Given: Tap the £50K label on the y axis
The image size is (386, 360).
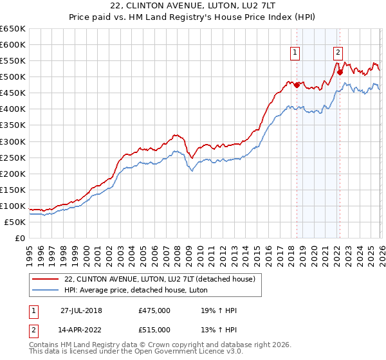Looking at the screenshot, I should pyautogui.click(x=15, y=222).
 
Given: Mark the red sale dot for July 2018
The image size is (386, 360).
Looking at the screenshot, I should pyautogui.click(x=297, y=85).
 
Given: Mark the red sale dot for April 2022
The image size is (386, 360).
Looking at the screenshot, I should pyautogui.click(x=340, y=72).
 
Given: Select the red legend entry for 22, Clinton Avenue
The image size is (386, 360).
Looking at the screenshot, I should pyautogui.click(x=160, y=279).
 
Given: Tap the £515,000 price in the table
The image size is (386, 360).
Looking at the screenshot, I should pyautogui.click(x=154, y=330).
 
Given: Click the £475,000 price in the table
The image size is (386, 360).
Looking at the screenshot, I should pyautogui.click(x=154, y=310).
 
